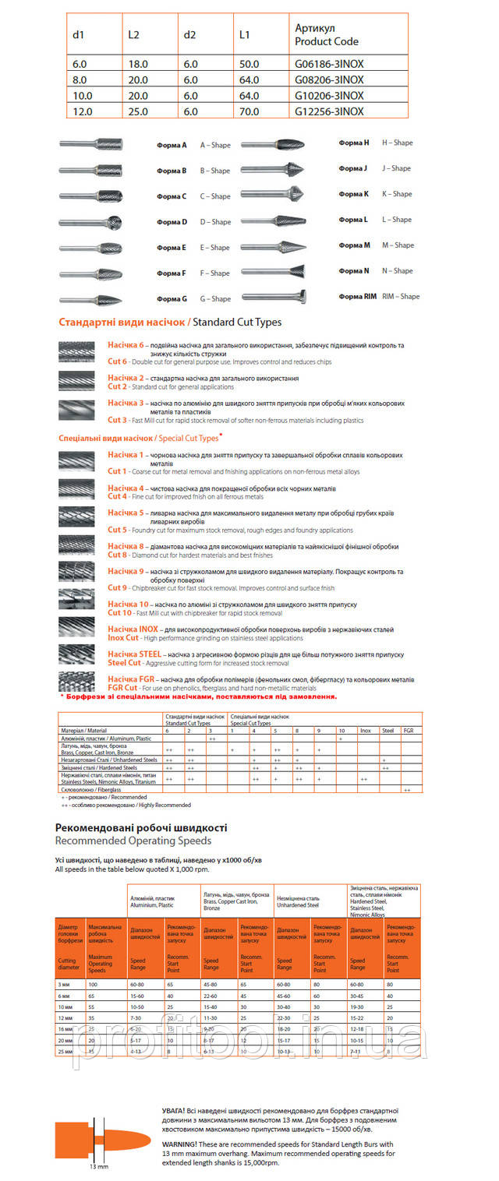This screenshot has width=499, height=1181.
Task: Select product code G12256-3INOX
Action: click(x=329, y=111)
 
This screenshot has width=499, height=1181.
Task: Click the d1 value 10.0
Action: click(x=82, y=97)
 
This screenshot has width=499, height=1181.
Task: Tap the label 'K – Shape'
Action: click(x=397, y=194)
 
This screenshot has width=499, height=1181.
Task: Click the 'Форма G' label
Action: click(x=172, y=299)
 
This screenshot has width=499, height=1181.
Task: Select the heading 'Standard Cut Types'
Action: click(x=237, y=322)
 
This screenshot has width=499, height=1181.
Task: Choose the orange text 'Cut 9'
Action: click(x=117, y=588)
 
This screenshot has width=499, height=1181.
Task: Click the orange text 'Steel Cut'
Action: click(x=124, y=663)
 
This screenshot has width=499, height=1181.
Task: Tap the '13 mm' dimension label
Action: click(x=98, y=1167)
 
